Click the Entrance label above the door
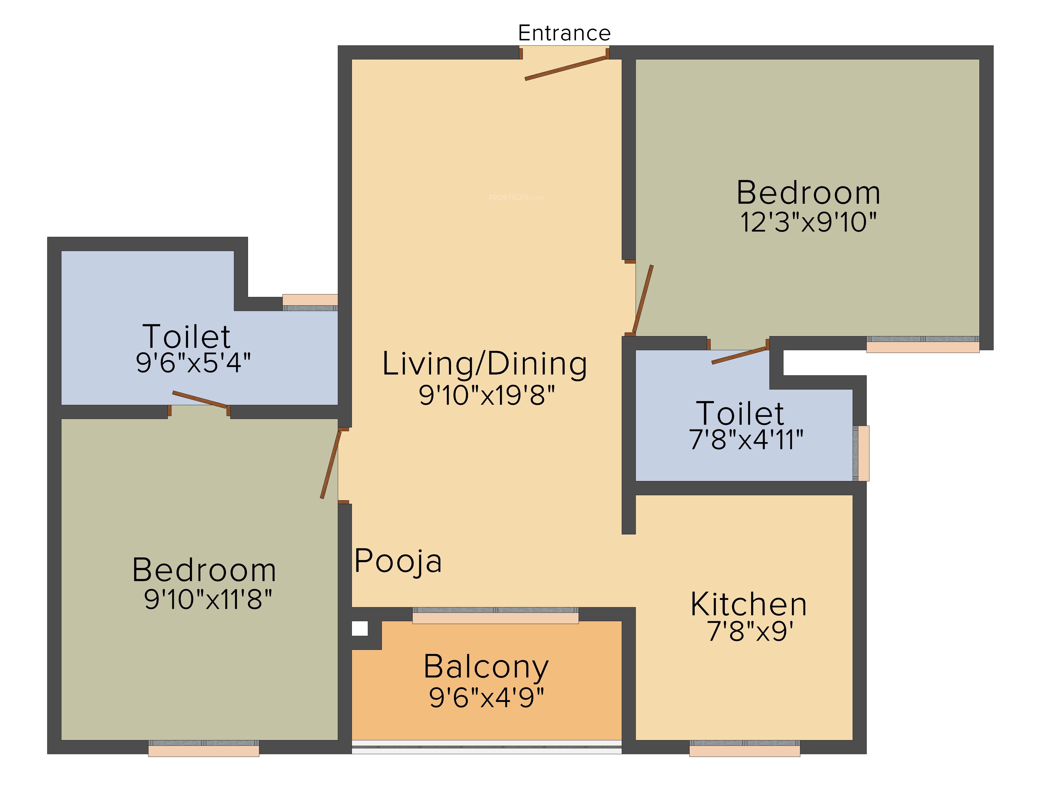(x=564, y=33)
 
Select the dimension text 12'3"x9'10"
(x=808, y=222)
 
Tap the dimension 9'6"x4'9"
(x=486, y=698)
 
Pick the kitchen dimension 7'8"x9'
(x=750, y=631)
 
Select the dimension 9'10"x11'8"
(x=208, y=599)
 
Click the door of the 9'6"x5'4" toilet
(x=199, y=399)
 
